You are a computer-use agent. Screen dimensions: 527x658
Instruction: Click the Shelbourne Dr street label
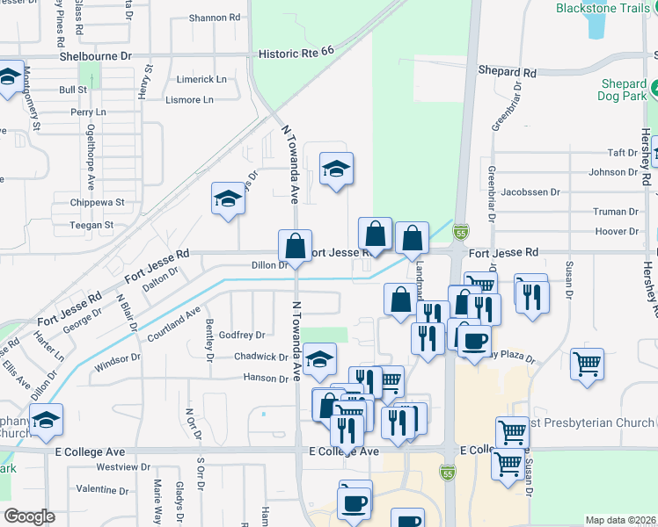coord(95,54)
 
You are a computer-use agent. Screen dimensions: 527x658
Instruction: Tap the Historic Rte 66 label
coord(296,54)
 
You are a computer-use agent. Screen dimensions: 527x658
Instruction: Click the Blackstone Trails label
coord(605,8)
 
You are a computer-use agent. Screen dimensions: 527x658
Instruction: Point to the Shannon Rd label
coord(215,17)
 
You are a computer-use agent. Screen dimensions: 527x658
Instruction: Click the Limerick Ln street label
coord(201,79)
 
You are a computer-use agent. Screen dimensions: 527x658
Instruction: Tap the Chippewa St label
coord(99,202)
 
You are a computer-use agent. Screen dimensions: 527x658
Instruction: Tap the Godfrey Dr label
coord(242,335)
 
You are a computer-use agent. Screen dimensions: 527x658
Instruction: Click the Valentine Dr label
coord(103,488)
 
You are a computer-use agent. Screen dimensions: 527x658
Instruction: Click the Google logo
coord(29,516)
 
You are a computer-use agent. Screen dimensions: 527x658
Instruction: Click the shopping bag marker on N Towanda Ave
coord(295,245)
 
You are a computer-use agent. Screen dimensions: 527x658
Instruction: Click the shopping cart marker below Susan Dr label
coord(587,362)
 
